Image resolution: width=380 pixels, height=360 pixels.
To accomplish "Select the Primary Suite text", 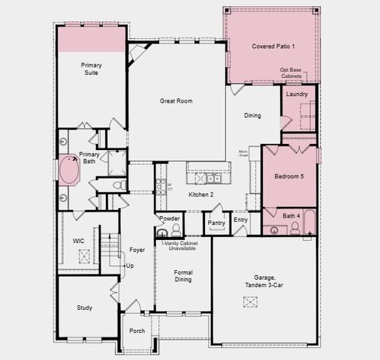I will point(92,69).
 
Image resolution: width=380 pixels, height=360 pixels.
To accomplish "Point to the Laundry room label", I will point(297,94).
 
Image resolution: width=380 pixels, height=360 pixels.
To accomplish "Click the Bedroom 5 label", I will point(289,177).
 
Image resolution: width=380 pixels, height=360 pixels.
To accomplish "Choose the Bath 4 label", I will point(292,216).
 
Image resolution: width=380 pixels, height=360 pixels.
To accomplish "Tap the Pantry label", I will point(217,223).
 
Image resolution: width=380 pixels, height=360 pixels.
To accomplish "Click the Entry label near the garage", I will point(240,220).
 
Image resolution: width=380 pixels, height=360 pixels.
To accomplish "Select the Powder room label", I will point(169,218).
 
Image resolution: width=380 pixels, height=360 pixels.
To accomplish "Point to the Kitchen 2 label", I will point(201,195).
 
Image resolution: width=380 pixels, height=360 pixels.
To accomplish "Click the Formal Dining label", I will point(183,276).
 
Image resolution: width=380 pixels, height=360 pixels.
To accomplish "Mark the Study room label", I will point(84,307).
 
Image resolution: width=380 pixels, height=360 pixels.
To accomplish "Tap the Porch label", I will point(137,330).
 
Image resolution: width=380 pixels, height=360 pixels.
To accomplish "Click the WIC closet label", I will point(78,241).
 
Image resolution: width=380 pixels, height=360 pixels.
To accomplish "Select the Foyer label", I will point(137,250).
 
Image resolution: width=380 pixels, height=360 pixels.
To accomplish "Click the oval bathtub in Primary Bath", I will point(71,171).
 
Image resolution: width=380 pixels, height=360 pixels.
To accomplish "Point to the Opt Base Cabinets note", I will point(292,73).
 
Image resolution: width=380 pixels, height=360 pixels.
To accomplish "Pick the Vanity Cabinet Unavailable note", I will point(182,245).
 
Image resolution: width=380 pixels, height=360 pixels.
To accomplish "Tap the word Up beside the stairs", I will point(130,265).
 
